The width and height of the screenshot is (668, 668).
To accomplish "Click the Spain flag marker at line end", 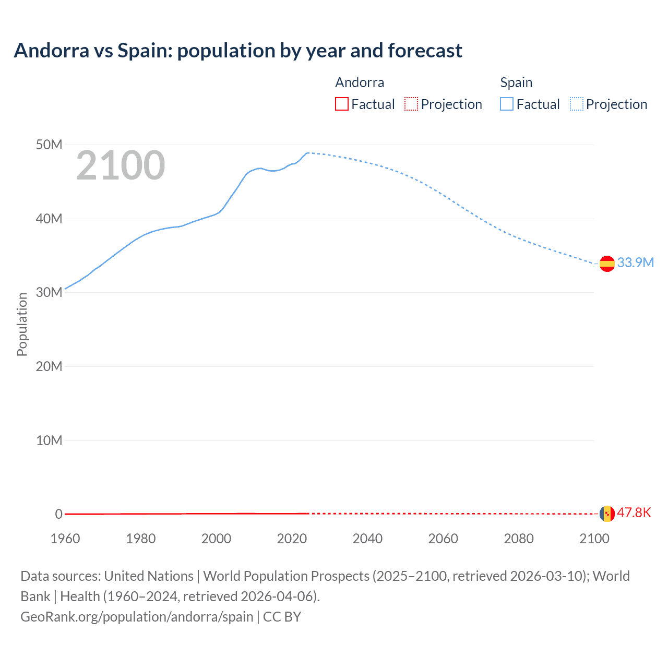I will tap(607, 264).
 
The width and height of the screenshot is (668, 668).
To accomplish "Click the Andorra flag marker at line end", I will tap(607, 514).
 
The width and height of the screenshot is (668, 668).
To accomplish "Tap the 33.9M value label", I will tap(635, 263).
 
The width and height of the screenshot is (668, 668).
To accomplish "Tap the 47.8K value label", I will tap(634, 512).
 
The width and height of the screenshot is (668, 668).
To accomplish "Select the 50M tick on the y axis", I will tap(49, 145).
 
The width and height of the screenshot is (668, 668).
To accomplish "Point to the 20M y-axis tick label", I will tap(49, 366).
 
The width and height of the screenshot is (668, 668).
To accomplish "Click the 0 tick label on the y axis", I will tap(58, 514).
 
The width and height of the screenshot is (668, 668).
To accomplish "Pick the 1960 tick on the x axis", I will tap(65, 539).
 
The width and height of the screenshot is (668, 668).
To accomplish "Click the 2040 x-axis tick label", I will tap(367, 539).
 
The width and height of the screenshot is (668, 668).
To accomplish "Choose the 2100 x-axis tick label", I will tap(594, 539).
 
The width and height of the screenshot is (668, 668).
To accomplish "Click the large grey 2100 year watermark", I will tap(121, 165).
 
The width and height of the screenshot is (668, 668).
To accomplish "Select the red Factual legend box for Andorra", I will tap(341, 104).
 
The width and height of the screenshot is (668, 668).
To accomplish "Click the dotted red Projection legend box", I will tap(411, 104).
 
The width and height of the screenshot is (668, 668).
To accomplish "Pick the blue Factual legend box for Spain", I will tap(506, 104).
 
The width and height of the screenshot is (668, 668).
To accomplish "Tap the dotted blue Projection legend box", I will tap(576, 104).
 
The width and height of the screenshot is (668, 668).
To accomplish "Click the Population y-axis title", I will tap(22, 324).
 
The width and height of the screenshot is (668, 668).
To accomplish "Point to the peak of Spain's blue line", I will tap(308, 153).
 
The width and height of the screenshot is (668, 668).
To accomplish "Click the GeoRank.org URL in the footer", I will tap(137, 616).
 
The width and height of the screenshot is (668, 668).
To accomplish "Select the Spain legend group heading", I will tap(516, 82).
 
